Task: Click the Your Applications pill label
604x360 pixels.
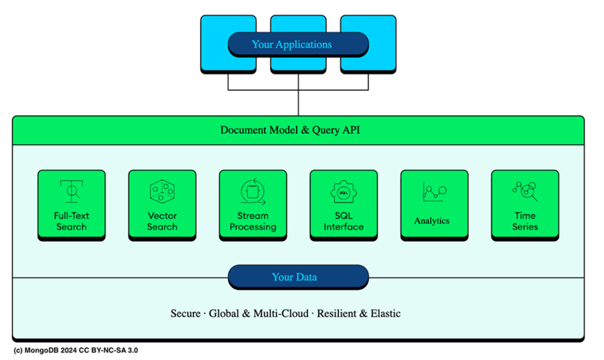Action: tap(298, 44)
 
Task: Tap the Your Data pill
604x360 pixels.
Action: tap(298, 277)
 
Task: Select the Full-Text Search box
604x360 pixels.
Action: tap(71, 205)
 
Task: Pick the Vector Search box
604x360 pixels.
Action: tap(162, 205)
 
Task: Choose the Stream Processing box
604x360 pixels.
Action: tap(253, 205)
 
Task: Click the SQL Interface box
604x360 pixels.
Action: tap(344, 205)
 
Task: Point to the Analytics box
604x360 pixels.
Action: tap(434, 205)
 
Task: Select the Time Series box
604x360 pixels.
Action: tap(525, 205)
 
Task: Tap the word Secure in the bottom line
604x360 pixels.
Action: tap(186, 314)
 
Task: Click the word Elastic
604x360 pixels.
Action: tap(385, 314)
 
